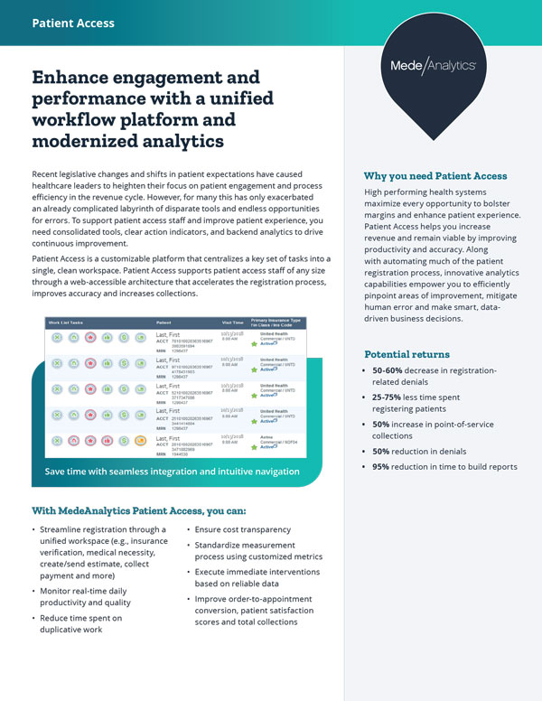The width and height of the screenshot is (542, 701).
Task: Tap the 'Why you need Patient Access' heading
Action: pos(435,176)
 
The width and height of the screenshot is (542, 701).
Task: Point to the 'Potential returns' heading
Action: pos(408,354)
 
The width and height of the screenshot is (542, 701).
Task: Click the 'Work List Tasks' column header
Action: pos(68,321)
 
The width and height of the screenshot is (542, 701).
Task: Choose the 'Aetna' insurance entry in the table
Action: pos(268,435)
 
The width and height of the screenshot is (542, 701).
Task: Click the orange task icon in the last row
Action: pos(140,441)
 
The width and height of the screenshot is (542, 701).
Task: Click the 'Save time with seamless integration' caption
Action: pos(172,472)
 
